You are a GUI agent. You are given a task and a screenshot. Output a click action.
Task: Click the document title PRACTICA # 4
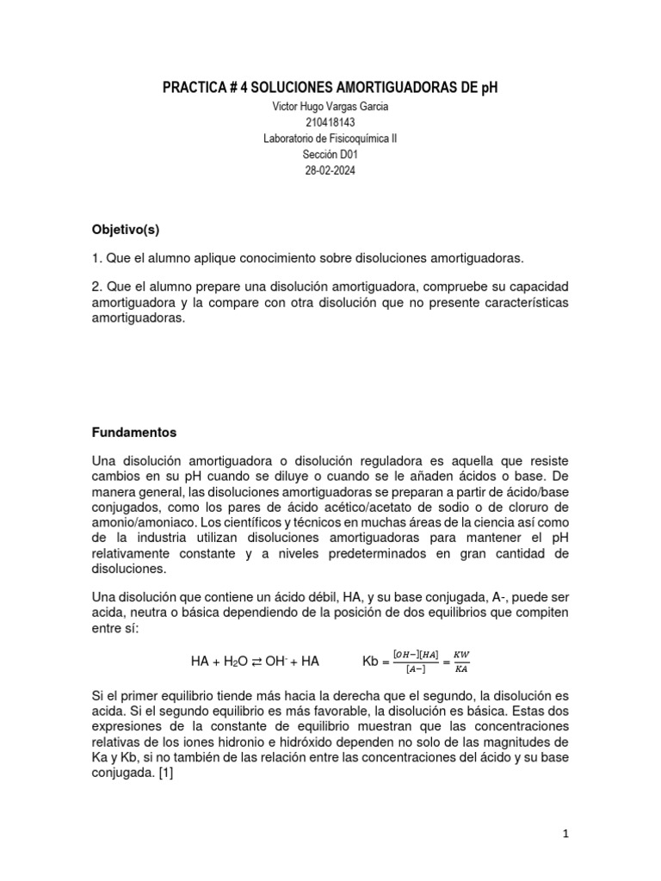click(x=330, y=88)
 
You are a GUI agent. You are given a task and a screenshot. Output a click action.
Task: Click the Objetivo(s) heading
click(x=126, y=230)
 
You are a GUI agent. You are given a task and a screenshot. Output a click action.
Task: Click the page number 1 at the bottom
click(x=565, y=833)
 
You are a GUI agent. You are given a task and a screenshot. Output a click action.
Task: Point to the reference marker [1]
click(x=164, y=773)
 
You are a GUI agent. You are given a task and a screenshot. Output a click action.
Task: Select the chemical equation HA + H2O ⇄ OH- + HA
click(x=255, y=662)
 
